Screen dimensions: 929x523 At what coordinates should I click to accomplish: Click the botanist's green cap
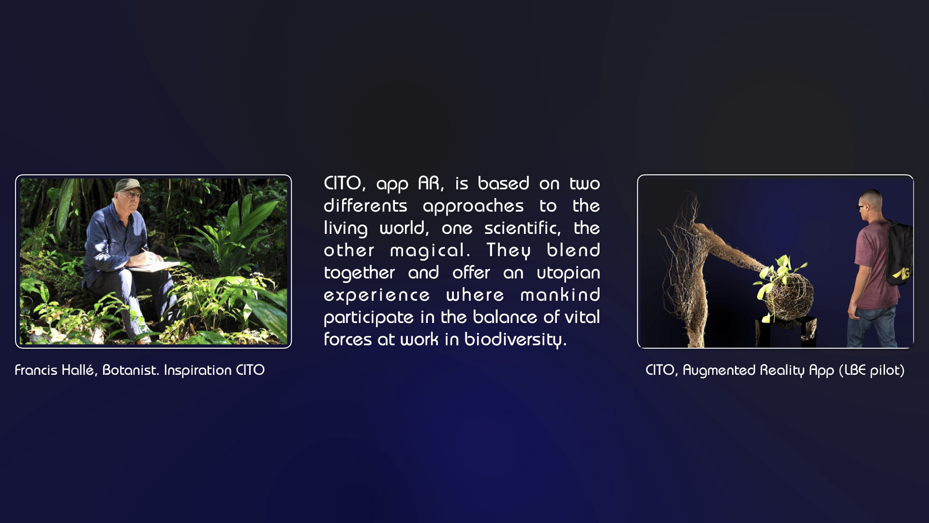pyautogui.click(x=129, y=185)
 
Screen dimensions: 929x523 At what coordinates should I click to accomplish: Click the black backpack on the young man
pyautogui.click(x=899, y=253)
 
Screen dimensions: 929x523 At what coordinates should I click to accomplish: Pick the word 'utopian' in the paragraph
pyautogui.click(x=569, y=273)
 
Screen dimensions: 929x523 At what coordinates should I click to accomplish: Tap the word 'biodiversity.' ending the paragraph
pyautogui.click(x=515, y=339)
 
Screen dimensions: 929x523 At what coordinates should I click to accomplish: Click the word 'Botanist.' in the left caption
pyautogui.click(x=131, y=370)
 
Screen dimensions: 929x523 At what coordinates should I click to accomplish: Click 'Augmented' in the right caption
pyautogui.click(x=719, y=370)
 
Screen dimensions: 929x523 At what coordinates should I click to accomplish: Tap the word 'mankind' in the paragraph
pyautogui.click(x=560, y=295)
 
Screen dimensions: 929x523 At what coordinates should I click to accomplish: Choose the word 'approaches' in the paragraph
pyautogui.click(x=473, y=206)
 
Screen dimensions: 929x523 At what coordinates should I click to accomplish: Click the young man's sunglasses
pyautogui.click(x=862, y=207)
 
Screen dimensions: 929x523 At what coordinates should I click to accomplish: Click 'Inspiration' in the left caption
pyautogui.click(x=197, y=370)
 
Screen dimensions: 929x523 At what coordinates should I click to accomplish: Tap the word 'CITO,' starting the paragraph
pyautogui.click(x=345, y=184)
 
